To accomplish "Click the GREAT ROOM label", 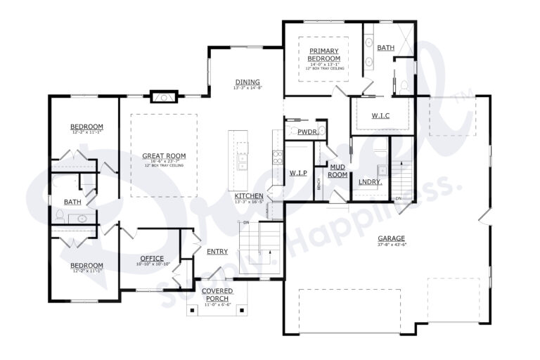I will (x=164, y=155).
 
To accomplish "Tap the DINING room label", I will (x=247, y=82).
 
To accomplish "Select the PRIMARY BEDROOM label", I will (x=323, y=55).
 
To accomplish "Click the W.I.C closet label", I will (x=380, y=115).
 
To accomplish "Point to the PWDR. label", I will (x=307, y=131).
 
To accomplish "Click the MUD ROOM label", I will (x=337, y=169).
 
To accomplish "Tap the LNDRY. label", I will (x=370, y=181).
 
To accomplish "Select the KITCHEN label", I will (x=249, y=195).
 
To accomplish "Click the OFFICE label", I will (x=152, y=258).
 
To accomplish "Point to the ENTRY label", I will (x=217, y=251).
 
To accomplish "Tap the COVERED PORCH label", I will (x=217, y=294).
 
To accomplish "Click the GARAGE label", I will (x=391, y=238).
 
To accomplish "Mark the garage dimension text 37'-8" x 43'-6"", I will (x=391, y=245).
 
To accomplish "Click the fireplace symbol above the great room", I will (x=164, y=96).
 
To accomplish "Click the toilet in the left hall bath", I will (x=60, y=219).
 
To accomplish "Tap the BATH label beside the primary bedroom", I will (x=385, y=48).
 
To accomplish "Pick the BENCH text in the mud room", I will (x=319, y=184).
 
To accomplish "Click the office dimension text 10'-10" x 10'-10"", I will (x=152, y=264).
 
